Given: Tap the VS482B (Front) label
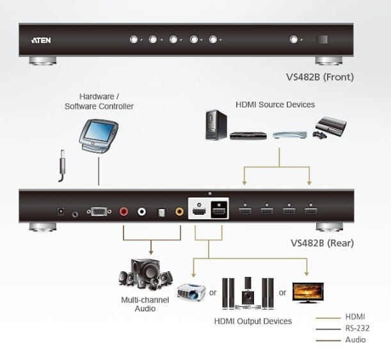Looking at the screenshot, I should pos(320,78).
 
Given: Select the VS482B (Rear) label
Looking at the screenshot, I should pos(322,243).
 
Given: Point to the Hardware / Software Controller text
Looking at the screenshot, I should pos(99,101).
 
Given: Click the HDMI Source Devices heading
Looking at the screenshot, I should pos(275,104).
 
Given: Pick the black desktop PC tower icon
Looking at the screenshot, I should pos(216,125).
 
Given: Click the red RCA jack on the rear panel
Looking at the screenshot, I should pos(124,211).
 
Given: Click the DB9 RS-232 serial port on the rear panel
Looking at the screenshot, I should pos(99,211).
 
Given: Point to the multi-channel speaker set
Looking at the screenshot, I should pos(145,276).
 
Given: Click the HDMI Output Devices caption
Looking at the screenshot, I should pos(253,321).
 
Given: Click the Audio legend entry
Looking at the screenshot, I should pos(355,340).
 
